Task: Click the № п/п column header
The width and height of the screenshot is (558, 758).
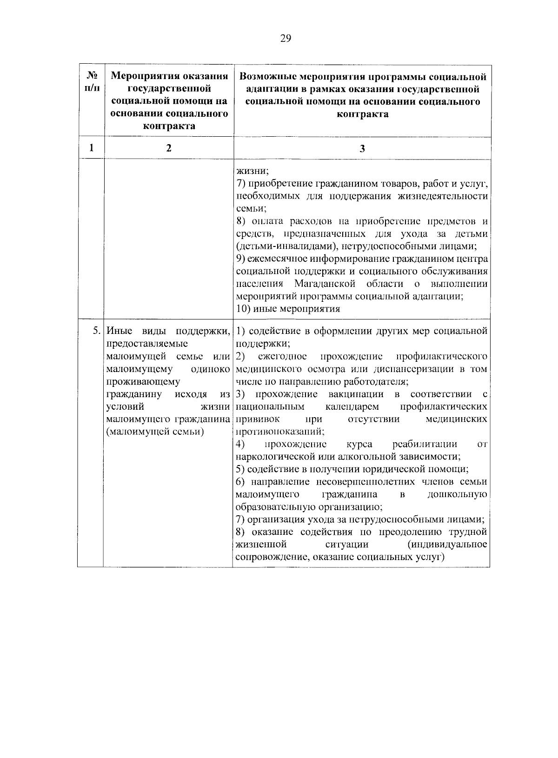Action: tap(92, 81)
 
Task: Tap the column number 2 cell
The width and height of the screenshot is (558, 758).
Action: tap(169, 148)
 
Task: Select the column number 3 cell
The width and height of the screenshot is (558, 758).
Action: tap(362, 149)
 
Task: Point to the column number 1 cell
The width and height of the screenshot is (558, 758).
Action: tap(91, 148)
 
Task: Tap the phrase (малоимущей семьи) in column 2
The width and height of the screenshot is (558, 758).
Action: tap(155, 432)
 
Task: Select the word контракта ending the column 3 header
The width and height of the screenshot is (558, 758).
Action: tap(362, 114)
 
